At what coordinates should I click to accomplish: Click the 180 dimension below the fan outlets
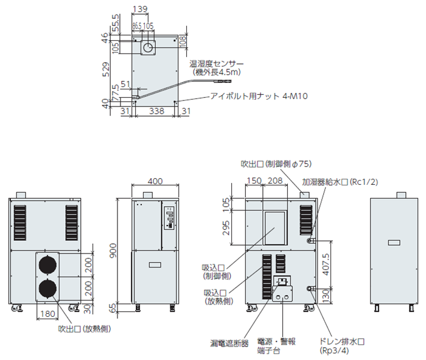tap(46, 314)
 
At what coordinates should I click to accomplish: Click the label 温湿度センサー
tap(216, 64)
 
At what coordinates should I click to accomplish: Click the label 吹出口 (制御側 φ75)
tap(276, 164)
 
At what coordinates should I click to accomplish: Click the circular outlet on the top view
tap(148, 47)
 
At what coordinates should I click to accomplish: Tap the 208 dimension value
tap(275, 181)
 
